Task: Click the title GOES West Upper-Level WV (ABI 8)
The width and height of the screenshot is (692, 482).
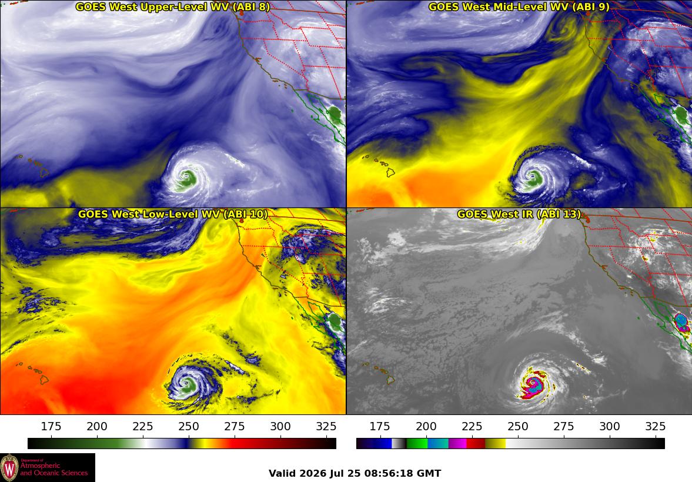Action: [172, 6]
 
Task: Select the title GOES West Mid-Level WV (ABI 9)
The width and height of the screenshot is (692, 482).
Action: [519, 6]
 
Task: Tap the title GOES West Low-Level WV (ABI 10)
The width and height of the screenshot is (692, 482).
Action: [172, 214]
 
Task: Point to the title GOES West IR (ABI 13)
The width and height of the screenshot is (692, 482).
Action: [519, 214]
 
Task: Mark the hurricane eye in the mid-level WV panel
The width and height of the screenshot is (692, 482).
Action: [534, 178]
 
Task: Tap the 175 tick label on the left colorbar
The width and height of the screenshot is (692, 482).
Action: [51, 426]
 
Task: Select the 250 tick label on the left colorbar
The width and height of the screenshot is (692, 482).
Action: [189, 426]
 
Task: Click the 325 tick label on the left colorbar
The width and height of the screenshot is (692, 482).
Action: [326, 426]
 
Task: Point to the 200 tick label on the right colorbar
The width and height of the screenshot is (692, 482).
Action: [426, 426]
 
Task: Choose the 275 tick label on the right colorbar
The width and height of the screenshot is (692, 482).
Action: [564, 426]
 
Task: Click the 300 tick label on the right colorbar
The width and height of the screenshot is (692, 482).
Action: [610, 426]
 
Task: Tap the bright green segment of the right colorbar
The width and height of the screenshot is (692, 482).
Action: [417, 443]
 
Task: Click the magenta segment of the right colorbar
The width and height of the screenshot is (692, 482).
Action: [457, 443]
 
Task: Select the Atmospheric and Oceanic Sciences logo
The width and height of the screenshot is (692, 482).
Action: [48, 467]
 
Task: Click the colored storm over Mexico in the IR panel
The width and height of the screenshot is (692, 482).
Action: [682, 322]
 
